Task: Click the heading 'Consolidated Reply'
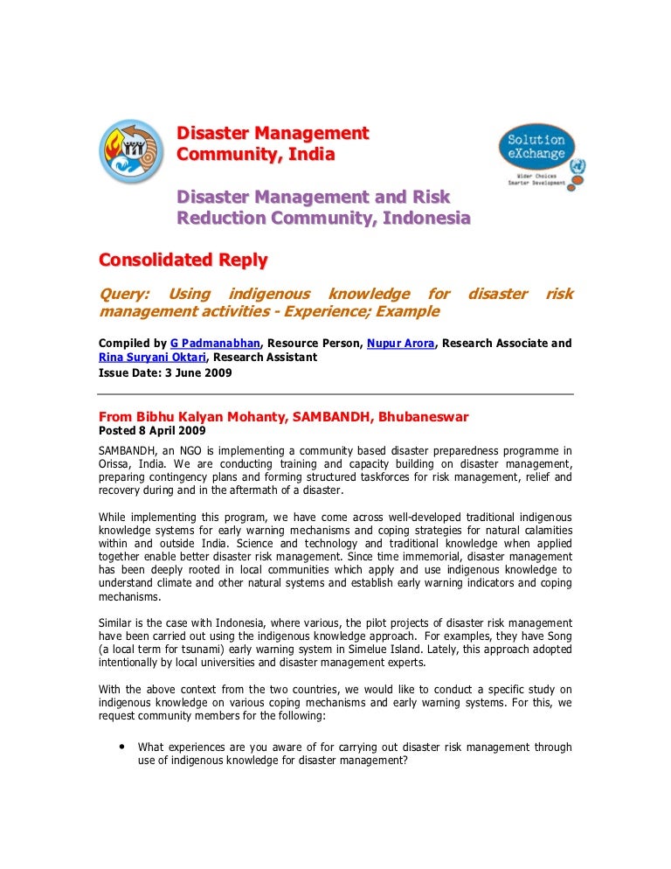pyautogui.click(x=183, y=260)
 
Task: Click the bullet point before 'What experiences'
pyautogui.click(x=120, y=747)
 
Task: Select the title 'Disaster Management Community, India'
pyautogui.click(x=273, y=144)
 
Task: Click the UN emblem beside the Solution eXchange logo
pyautogui.click(x=578, y=165)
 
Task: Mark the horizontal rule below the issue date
pyautogui.click(x=335, y=394)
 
